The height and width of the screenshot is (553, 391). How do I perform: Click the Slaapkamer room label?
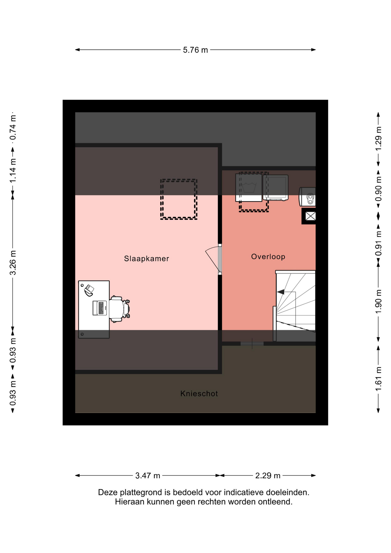pyautogui.click(x=146, y=259)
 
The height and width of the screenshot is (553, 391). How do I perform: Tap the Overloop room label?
pyautogui.click(x=268, y=257)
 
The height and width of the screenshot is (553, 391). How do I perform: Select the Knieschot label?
pyautogui.click(x=199, y=393)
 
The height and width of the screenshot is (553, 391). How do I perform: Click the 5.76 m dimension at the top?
pyautogui.click(x=195, y=50)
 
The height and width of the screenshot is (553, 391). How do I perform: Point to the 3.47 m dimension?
pyautogui.click(x=148, y=476)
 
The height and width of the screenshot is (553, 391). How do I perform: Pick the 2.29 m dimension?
pyautogui.click(x=268, y=476)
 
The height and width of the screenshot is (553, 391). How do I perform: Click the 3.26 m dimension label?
pyautogui.click(x=13, y=263)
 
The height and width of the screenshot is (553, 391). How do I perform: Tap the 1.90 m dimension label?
pyautogui.click(x=378, y=302)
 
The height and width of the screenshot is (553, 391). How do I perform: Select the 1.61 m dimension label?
pyautogui.click(x=378, y=379)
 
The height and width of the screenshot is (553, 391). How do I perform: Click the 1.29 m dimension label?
pyautogui.click(x=378, y=139)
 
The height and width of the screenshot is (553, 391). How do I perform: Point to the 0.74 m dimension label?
pyautogui.click(x=13, y=128)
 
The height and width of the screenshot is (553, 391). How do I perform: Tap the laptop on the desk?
pyautogui.click(x=100, y=308)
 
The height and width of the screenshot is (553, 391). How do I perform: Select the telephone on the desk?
pyautogui.click(x=89, y=290)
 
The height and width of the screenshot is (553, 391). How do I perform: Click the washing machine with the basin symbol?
pyautogui.click(x=249, y=188)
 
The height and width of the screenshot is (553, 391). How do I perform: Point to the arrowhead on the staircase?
pyautogui.click(x=281, y=292)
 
